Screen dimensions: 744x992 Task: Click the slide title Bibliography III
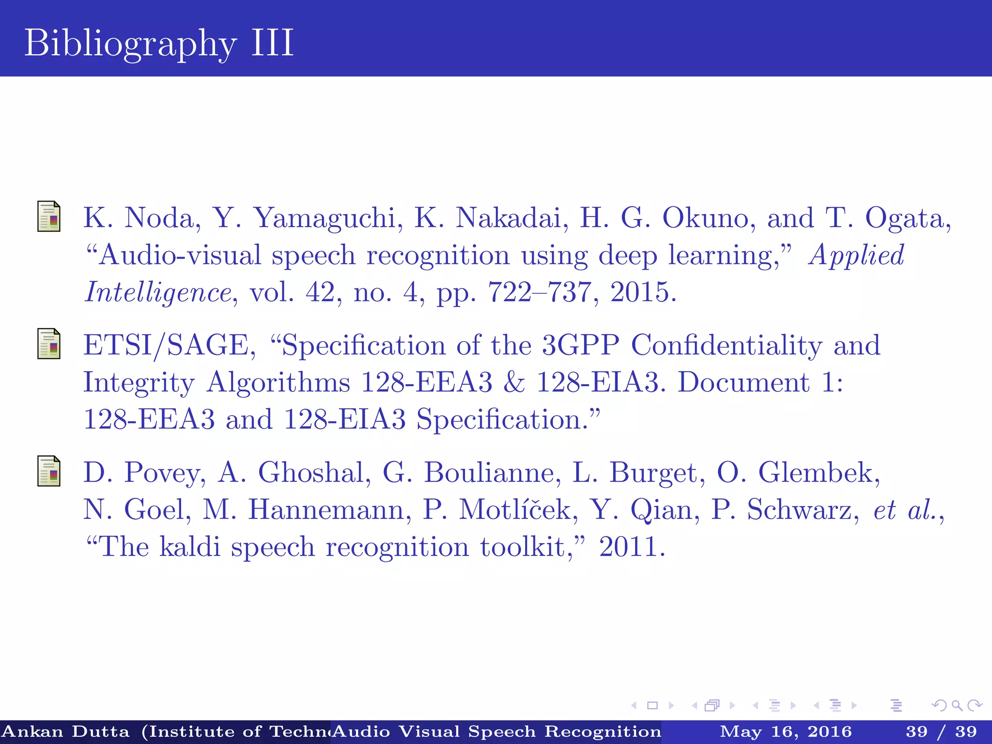(x=159, y=43)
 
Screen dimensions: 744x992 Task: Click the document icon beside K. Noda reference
(x=49, y=217)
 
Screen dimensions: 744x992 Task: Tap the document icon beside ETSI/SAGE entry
(x=49, y=344)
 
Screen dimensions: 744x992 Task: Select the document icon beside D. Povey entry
(x=49, y=471)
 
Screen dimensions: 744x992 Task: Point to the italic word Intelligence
(x=158, y=293)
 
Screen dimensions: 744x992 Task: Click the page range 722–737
(x=539, y=293)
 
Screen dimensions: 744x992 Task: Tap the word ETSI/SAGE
(x=166, y=346)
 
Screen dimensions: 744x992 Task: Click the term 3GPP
(x=580, y=346)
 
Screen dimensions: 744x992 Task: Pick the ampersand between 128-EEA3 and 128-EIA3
(x=514, y=383)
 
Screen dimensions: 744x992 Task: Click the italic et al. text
(x=904, y=510)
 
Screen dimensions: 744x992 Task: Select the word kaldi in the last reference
(x=189, y=547)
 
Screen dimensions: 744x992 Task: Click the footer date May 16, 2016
(x=785, y=732)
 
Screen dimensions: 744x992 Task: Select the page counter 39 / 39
(x=941, y=732)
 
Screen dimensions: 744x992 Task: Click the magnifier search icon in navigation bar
(x=957, y=706)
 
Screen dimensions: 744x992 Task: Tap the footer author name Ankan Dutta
(x=66, y=732)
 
